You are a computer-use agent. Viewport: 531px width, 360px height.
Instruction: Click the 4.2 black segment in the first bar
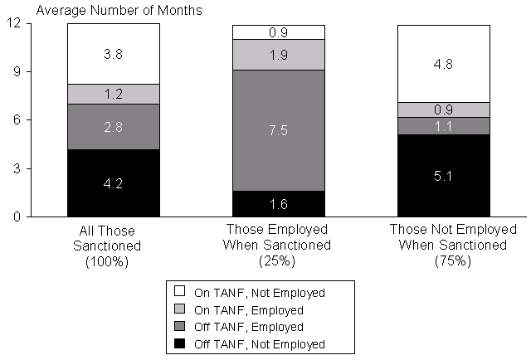(x=113, y=183)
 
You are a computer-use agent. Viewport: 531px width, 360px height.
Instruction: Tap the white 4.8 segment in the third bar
(x=443, y=64)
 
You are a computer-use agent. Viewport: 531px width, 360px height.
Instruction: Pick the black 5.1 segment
(x=443, y=175)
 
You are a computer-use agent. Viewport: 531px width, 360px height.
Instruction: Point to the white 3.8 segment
(x=113, y=54)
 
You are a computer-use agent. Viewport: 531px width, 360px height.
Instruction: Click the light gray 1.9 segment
(x=278, y=55)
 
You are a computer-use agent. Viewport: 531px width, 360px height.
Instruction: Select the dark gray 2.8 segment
(x=113, y=127)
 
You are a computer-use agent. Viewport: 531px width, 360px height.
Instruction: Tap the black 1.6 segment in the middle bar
(x=278, y=204)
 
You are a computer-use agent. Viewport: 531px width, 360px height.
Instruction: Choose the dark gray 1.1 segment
(x=443, y=125)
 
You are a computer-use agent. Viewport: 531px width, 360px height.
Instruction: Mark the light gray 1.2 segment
(x=113, y=94)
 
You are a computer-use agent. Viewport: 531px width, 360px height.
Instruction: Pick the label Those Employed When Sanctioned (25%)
(x=278, y=245)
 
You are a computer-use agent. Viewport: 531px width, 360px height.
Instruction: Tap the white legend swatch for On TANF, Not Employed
(x=179, y=292)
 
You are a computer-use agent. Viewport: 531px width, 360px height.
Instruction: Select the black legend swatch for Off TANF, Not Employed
(x=179, y=344)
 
